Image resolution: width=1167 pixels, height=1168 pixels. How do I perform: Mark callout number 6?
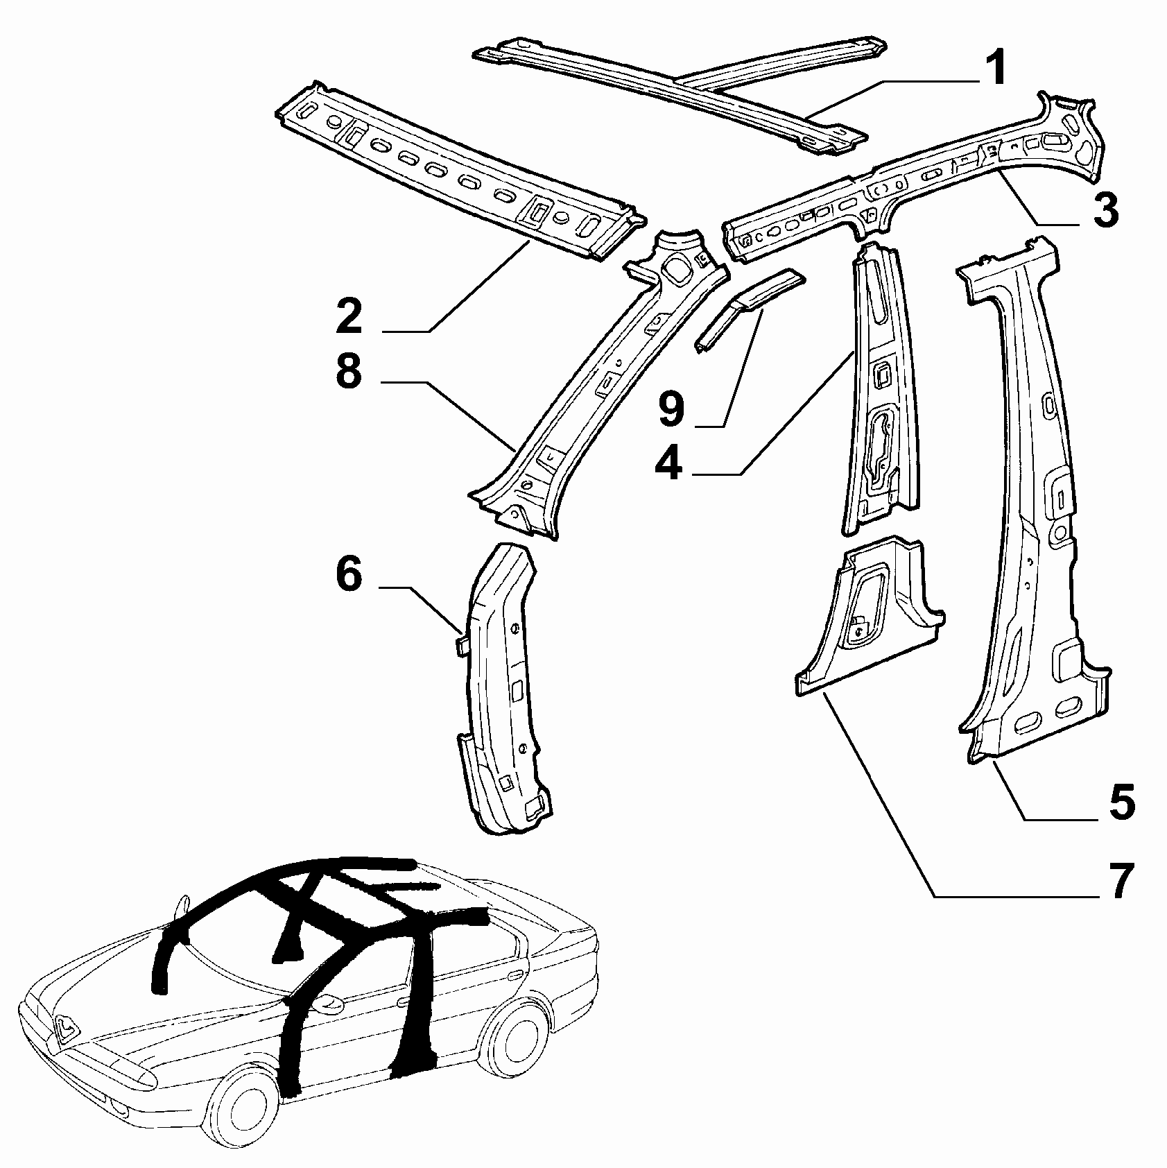pos(349,575)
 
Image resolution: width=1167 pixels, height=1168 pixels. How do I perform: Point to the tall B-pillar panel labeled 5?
pos(1033,499)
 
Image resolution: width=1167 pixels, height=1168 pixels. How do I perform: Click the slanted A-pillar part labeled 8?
pos(596,388)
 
